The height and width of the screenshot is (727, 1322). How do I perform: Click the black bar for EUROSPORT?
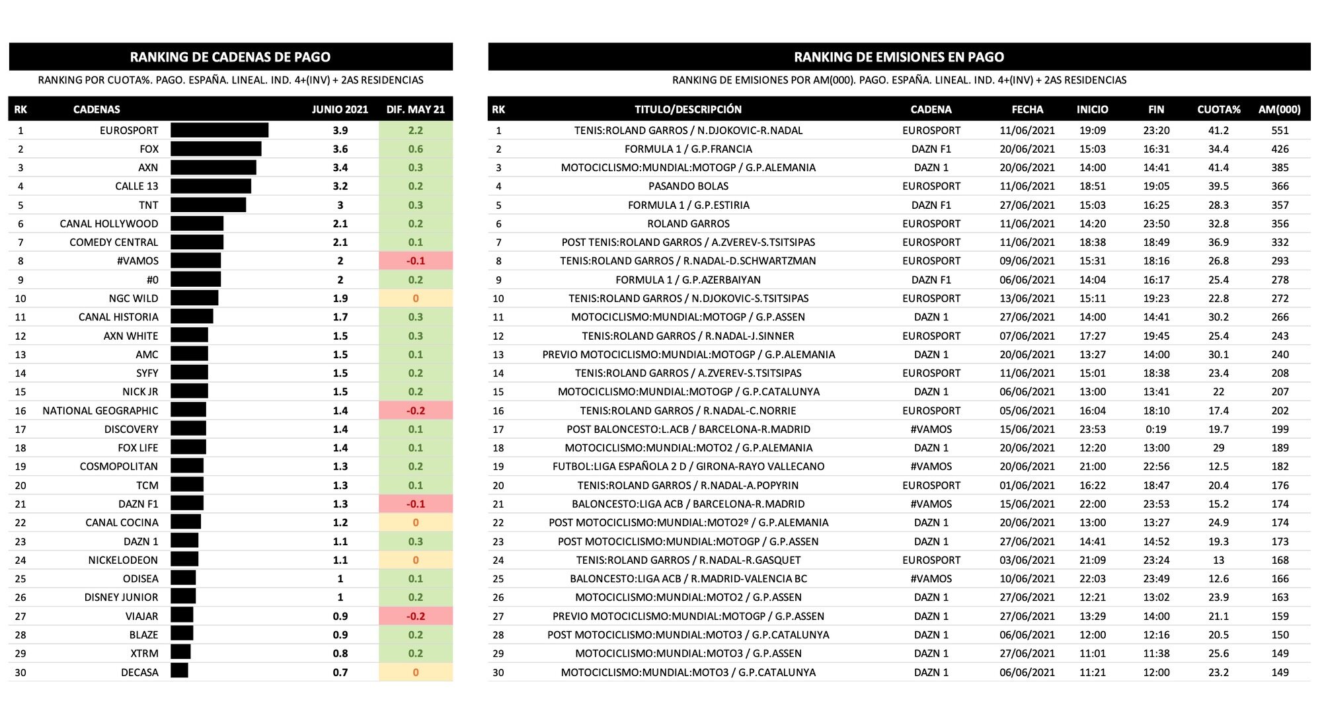[219, 130]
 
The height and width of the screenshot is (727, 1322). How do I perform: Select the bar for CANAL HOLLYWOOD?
[197, 223]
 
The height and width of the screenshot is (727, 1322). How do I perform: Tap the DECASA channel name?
[139, 672]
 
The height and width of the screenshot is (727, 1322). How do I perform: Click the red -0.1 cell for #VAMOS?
[416, 261]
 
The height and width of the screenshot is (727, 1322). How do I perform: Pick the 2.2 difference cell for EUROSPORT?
[416, 130]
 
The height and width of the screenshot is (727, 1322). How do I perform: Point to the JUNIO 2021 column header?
[340, 109]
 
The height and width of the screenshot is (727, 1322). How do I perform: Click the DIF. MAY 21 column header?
[416, 109]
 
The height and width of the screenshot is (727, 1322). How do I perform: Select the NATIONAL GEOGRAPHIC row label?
[100, 410]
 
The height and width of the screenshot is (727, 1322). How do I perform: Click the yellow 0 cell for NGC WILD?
[416, 298]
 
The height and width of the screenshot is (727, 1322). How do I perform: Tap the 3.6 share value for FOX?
[340, 149]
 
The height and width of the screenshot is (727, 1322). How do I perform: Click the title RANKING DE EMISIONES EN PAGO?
[899, 57]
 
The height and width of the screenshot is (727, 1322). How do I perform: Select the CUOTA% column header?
[1218, 109]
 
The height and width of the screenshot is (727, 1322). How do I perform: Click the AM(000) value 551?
[1280, 130]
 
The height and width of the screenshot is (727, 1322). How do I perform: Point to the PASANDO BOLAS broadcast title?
[688, 186]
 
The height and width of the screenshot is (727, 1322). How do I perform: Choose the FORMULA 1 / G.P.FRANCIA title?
[688, 149]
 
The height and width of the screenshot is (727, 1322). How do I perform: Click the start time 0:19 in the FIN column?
[1156, 429]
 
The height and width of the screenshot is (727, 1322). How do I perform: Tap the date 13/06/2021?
[1027, 298]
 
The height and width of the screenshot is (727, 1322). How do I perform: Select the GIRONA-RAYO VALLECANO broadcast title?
[688, 467]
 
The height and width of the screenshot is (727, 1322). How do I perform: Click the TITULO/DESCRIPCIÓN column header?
[688, 109]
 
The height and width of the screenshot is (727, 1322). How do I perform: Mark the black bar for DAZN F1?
[187, 504]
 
